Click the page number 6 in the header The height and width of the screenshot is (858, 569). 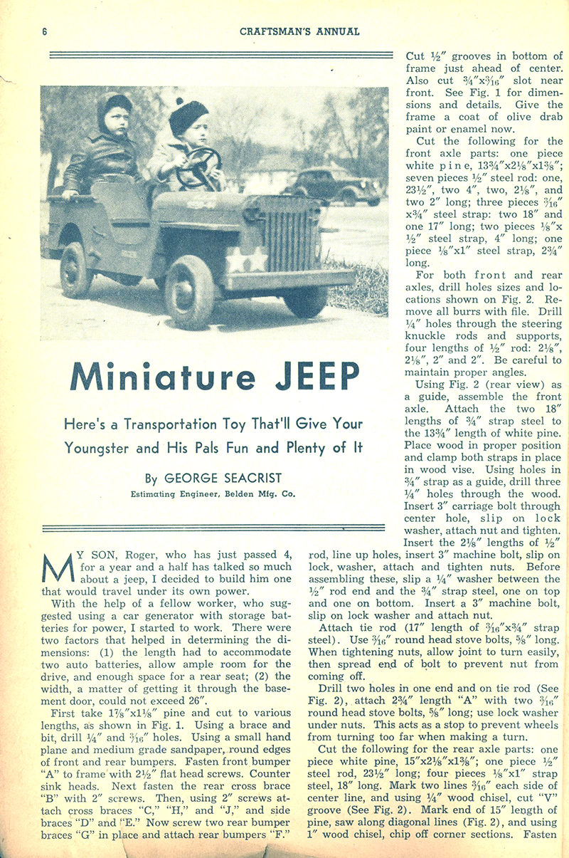(44, 31)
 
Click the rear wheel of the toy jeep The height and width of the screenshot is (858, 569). (77, 268)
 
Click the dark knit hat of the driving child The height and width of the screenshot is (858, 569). (188, 113)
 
